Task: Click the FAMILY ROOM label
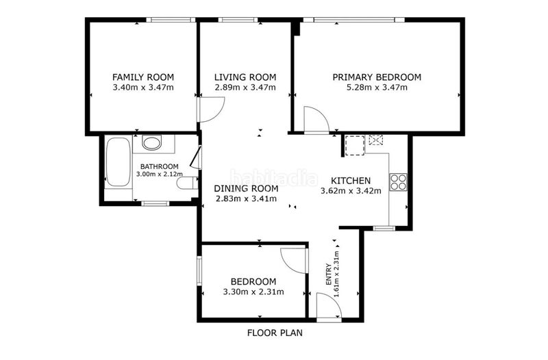143,77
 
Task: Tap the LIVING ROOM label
245,77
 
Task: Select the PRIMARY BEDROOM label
377,77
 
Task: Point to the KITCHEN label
351,181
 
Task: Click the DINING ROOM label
246,189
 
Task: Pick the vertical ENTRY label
329,274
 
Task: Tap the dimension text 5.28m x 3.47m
377,88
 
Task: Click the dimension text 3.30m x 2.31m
253,292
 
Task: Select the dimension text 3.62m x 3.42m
351,191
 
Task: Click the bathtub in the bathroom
118,162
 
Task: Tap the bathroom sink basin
152,143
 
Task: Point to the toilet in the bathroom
187,183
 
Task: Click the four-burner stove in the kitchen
399,182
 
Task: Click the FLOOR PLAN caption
275,333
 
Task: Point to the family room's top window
171,20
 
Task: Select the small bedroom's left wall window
199,271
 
